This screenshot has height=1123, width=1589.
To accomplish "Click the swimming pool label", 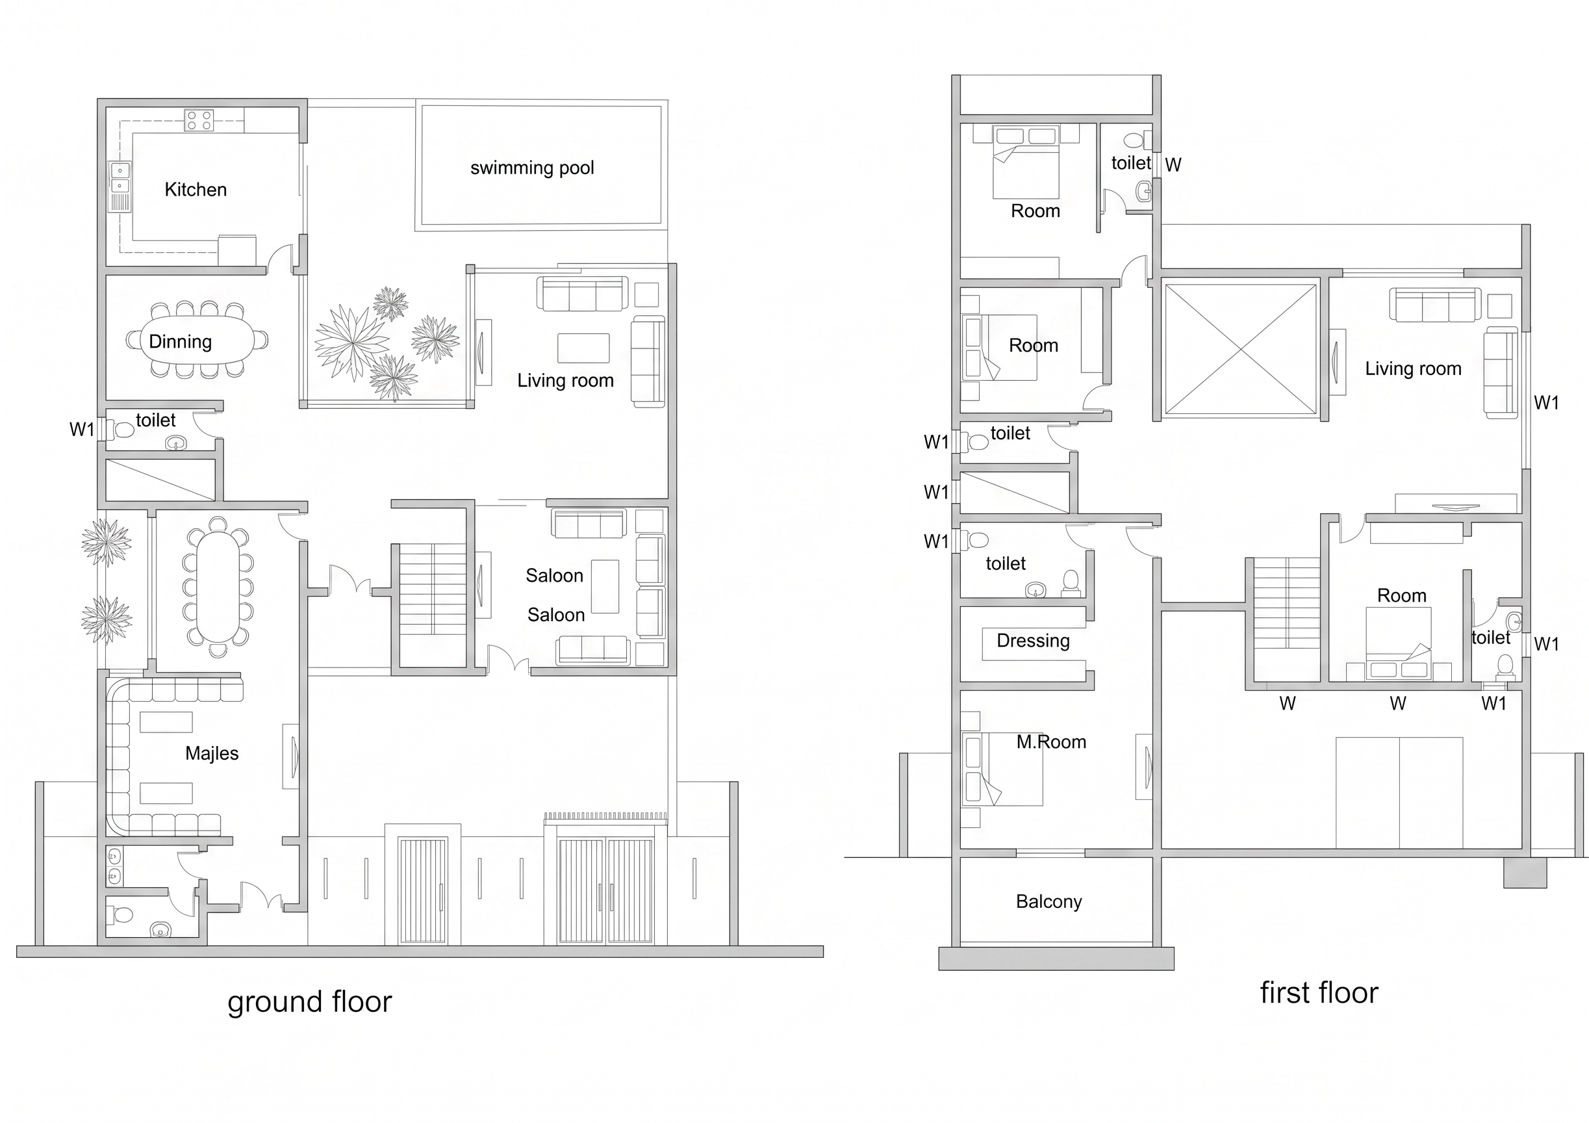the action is [x=531, y=168].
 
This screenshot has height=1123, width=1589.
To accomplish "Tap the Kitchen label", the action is [x=195, y=190].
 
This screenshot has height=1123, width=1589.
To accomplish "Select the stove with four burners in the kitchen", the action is [x=199, y=120].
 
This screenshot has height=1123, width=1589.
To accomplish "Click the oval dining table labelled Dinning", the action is [x=198, y=340].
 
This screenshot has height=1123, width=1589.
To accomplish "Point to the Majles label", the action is [x=212, y=753].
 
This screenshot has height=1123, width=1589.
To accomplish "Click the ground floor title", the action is [x=309, y=1002].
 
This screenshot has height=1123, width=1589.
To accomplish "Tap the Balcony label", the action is [x=1049, y=901].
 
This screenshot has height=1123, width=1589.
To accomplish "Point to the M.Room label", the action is [x=1051, y=742].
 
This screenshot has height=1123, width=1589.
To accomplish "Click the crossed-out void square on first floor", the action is [x=1240, y=349].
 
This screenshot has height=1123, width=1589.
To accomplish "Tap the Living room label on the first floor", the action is [x=1413, y=369].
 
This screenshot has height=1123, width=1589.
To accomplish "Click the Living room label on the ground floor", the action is [x=565, y=380].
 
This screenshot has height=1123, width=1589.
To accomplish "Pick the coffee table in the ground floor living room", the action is [x=583, y=348].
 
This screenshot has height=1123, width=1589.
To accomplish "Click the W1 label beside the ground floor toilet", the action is [x=82, y=430].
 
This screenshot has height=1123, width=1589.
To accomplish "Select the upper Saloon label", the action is [x=554, y=575].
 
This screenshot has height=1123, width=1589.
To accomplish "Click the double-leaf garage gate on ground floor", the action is [x=605, y=890].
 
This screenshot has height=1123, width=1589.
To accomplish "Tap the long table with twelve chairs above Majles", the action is [x=218, y=586].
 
